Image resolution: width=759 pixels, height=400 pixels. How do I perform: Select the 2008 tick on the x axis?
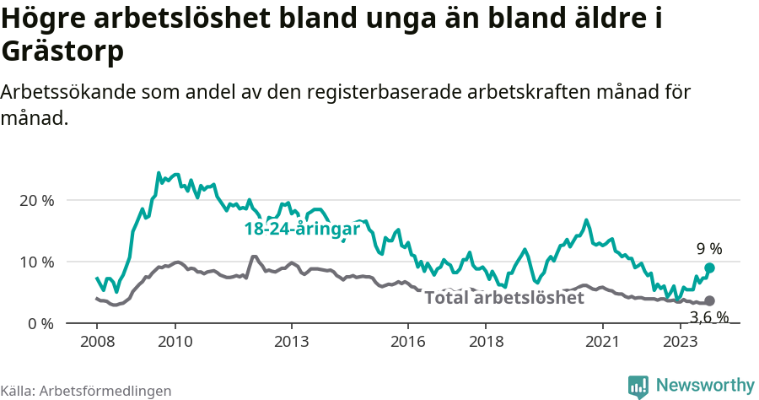pos(97,341)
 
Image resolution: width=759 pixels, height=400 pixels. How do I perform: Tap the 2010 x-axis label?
pos(175,341)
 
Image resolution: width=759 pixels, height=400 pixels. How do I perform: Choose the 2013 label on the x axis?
pos(292,341)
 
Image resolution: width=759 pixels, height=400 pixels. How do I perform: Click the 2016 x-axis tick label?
pos(408,341)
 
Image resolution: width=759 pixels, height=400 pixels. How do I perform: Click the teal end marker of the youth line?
pos(709,268)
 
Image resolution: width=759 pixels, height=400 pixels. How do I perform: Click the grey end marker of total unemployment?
pos(709,300)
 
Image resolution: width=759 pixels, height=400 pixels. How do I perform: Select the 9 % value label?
pos(709,249)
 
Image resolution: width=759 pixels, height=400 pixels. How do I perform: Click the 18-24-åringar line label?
pos(302,229)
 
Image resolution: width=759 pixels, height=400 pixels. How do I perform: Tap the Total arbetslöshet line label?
pos(504,298)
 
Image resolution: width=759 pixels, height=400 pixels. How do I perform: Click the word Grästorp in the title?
pos(63,52)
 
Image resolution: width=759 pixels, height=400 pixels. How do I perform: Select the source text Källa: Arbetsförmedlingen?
pos(86,391)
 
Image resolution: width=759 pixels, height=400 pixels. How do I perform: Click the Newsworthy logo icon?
pos(638,386)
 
